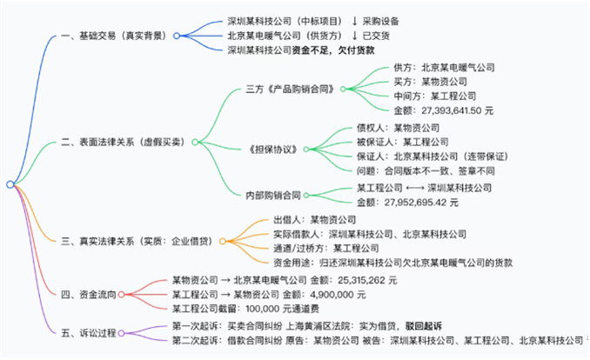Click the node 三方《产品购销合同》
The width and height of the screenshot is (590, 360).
[x=292, y=89]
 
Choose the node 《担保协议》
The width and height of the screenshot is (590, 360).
[x=272, y=149]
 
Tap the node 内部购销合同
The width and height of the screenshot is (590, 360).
[x=272, y=195]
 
